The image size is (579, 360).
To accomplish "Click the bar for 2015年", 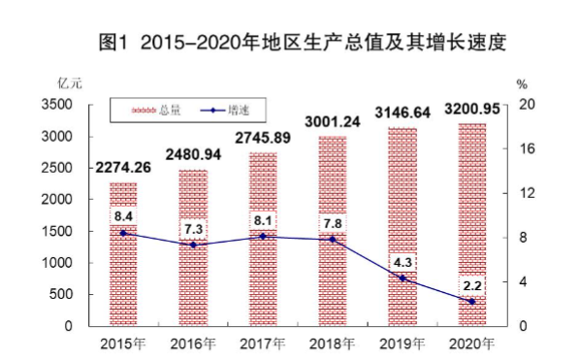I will [123, 254].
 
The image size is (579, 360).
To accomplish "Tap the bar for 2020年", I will [472, 224].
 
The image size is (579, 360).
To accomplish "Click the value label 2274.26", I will [123, 168].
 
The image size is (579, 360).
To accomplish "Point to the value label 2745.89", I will [263, 138].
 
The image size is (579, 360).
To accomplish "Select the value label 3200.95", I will [472, 109].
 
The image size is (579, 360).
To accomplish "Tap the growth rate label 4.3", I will [402, 262].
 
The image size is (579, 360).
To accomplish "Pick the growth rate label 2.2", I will [472, 285].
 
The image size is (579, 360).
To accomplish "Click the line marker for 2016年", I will [193, 245].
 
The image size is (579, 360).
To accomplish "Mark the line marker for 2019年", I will [402, 278].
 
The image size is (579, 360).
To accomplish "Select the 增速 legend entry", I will [222, 113].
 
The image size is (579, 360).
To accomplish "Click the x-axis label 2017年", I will [263, 344].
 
